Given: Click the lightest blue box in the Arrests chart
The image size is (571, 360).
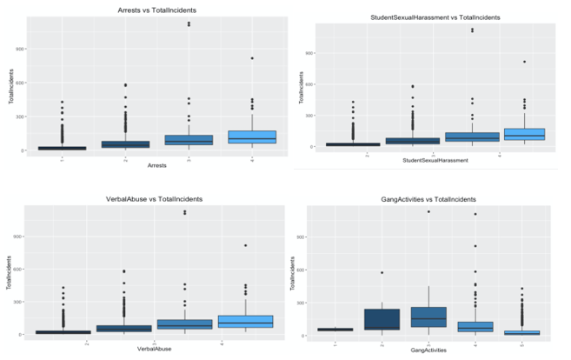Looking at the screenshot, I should (253, 137).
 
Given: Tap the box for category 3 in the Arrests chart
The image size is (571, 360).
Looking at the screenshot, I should (189, 140).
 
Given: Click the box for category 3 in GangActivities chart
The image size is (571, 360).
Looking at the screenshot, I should (428, 317).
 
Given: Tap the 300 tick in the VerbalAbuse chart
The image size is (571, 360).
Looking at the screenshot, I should (21, 302).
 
